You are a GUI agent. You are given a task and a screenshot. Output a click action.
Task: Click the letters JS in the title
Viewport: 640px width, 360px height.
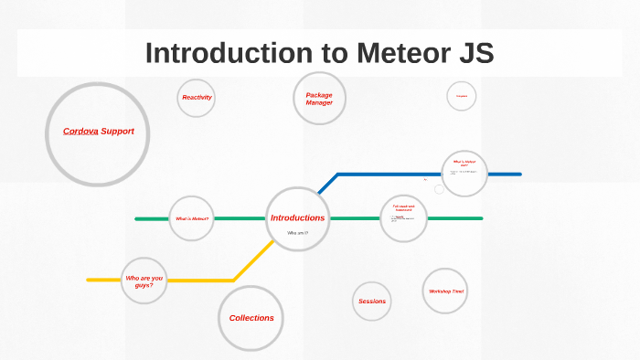[473, 53]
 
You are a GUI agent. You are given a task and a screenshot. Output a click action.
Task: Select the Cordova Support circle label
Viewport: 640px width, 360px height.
[98, 132]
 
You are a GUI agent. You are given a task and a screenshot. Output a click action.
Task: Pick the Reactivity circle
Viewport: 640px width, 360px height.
[197, 98]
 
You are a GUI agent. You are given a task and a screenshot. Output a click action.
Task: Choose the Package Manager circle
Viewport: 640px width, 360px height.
[319, 98]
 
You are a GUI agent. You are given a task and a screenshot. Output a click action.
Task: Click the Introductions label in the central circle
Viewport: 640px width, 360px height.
[297, 217]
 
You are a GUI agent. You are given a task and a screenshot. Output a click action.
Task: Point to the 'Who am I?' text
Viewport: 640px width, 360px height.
[297, 233]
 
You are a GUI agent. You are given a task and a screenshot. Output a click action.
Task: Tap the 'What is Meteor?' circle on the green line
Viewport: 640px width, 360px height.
[192, 218]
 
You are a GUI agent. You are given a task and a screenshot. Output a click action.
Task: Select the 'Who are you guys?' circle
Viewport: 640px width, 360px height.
[144, 281]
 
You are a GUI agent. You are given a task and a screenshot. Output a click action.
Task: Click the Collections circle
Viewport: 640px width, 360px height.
[251, 318]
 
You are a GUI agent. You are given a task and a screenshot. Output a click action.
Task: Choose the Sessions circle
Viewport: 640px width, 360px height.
[372, 301]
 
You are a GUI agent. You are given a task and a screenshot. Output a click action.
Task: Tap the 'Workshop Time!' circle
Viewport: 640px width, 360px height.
[445, 291]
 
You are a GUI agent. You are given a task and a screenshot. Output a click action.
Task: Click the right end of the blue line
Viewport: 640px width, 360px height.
[519, 174]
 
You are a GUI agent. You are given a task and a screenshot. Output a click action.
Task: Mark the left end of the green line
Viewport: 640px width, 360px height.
[137, 219]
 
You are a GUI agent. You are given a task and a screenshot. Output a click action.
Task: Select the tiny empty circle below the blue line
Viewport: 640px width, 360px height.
[439, 189]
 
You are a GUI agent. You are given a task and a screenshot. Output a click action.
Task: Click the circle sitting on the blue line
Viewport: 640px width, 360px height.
[464, 173]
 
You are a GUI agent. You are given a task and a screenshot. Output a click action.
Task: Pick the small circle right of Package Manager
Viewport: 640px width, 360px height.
[462, 96]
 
